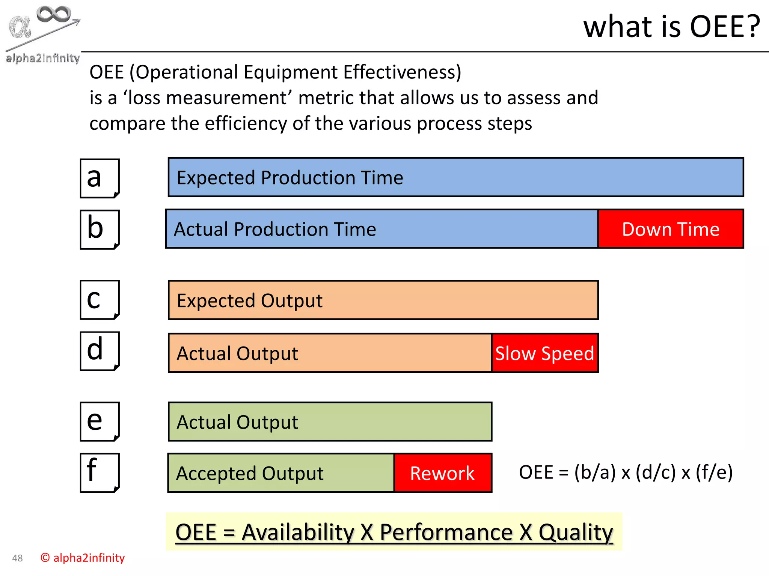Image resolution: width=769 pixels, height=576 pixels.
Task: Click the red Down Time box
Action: pos(671,229)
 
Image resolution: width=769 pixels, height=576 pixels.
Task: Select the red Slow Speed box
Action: pos(545,353)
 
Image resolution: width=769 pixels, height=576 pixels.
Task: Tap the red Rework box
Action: pos(443,473)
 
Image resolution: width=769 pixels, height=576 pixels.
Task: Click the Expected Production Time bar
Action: pos(455,177)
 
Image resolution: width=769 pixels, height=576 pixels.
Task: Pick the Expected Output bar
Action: pos(383,300)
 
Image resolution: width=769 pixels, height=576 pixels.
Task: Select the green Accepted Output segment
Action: pos(281,473)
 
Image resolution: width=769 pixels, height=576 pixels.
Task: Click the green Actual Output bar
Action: pos(330,422)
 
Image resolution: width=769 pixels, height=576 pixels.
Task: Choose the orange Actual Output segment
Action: pos(330,353)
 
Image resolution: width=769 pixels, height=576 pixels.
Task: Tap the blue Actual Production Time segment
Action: pos(381,229)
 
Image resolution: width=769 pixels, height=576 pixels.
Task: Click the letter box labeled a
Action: pos(100,178)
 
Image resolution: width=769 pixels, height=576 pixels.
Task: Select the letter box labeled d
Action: pos(100,351)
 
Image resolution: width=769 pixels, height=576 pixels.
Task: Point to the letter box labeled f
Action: pos(100,472)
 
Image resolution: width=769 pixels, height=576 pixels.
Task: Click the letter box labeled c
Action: pos(100,300)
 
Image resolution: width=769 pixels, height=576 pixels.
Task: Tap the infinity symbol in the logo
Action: pos(54,14)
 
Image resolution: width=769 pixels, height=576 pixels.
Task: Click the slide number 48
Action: pos(17,558)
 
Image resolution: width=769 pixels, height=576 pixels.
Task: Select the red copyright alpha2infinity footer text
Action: pos(83,558)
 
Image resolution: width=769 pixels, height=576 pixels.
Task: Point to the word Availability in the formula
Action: pos(297,532)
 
